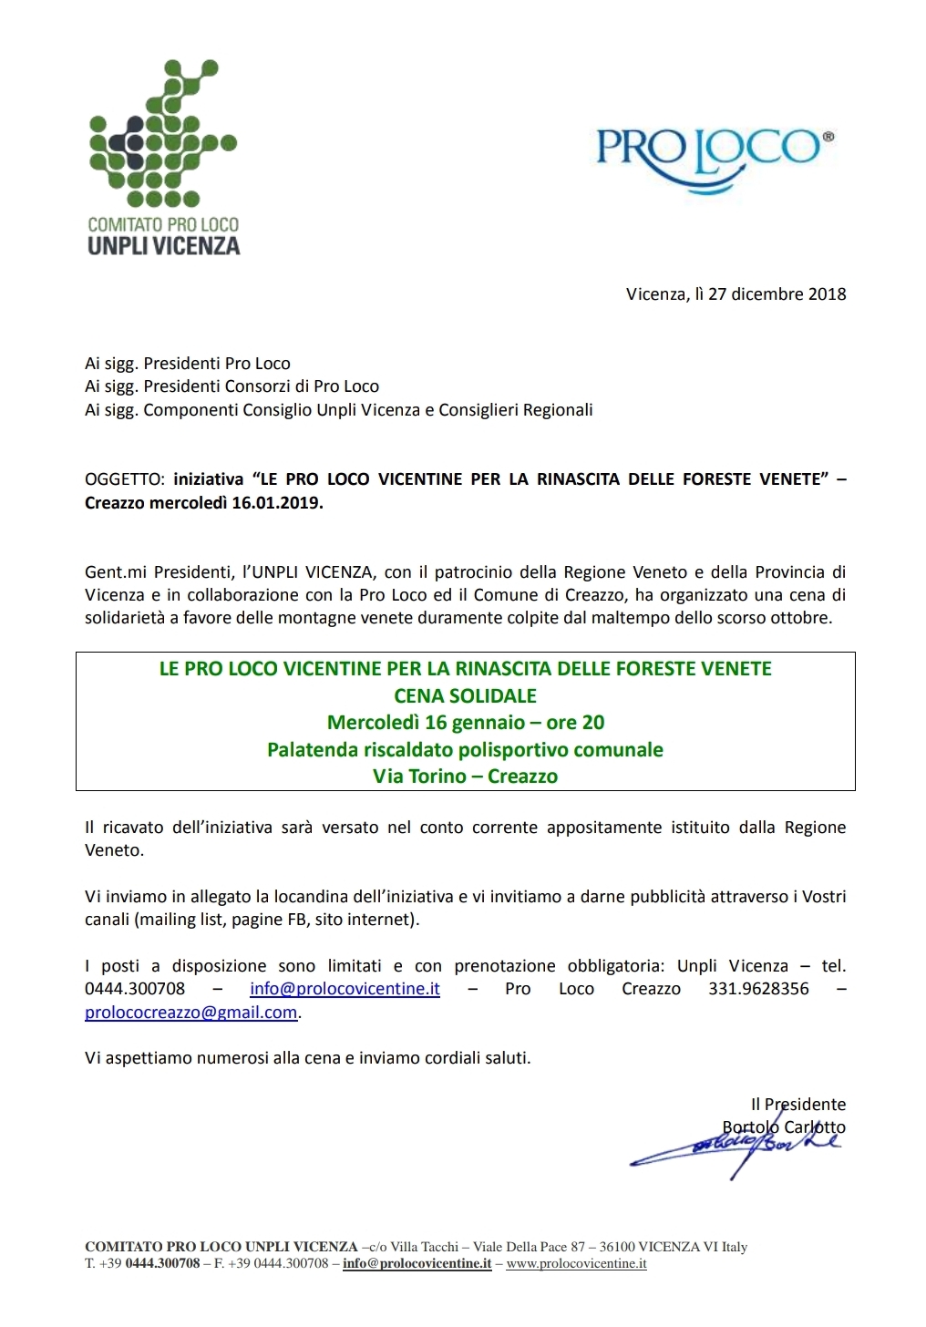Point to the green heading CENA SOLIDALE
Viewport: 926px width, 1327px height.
(x=465, y=696)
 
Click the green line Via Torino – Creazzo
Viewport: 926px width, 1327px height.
(x=465, y=777)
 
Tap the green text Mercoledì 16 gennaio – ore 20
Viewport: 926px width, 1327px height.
(x=465, y=723)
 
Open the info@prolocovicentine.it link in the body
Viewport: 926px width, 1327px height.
(x=345, y=989)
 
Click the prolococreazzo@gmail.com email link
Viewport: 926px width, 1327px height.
(x=190, y=1013)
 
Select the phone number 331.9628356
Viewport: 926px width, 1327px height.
(x=758, y=989)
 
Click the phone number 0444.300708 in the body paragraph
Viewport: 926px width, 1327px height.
(x=135, y=989)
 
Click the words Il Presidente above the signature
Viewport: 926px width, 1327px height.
(x=798, y=1105)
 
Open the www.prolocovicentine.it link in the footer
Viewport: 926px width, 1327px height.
(x=576, y=1264)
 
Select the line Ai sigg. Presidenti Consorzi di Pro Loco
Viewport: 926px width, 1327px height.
(x=231, y=386)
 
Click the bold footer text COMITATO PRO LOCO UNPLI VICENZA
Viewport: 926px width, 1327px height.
(x=221, y=1247)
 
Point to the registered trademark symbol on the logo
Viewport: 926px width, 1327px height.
(x=828, y=137)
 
